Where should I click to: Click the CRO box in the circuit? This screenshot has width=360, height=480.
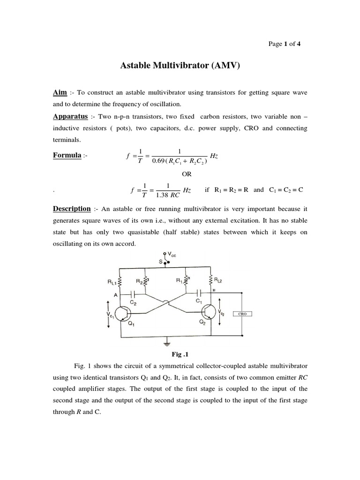click(x=242, y=315)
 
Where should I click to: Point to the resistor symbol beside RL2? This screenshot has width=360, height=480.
click(x=212, y=281)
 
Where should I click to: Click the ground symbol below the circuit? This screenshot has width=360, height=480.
click(x=165, y=345)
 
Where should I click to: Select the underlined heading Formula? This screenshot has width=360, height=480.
click(x=66, y=155)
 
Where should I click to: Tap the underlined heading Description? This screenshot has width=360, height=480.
click(x=71, y=209)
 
